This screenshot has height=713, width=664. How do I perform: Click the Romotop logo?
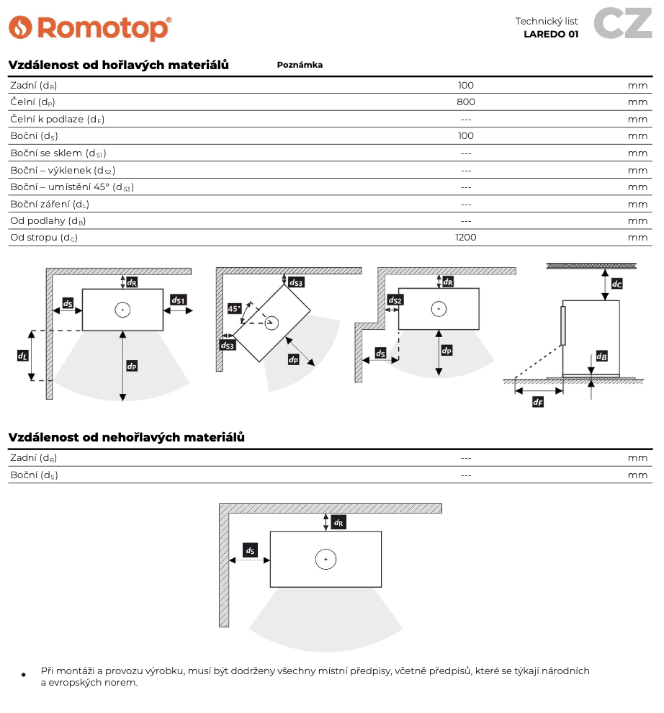pyautogui.click(x=90, y=28)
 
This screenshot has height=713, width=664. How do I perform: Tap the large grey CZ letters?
pyautogui.click(x=623, y=24)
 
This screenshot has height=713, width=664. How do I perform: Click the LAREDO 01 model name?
pyautogui.click(x=551, y=34)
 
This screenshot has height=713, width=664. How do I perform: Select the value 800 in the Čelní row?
pyautogui.click(x=466, y=102)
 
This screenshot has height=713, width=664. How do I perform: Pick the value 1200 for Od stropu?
pyautogui.click(x=466, y=237)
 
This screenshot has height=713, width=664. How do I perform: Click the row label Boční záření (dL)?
pyautogui.click(x=50, y=204)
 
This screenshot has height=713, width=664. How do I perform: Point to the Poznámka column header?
pyautogui.click(x=300, y=65)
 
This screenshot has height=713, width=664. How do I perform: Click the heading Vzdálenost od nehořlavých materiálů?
pyautogui.click(x=127, y=437)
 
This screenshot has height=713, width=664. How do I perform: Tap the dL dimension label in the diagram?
pyautogui.click(x=22, y=355)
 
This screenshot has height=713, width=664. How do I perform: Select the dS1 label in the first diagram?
pyautogui.click(x=179, y=300)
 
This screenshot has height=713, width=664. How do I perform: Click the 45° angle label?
pyautogui.click(x=234, y=308)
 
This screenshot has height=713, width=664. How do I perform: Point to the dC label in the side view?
pyautogui.click(x=616, y=284)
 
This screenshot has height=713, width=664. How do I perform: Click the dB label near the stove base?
pyautogui.click(x=602, y=356)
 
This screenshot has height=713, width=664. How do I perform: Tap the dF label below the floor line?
pyautogui.click(x=537, y=403)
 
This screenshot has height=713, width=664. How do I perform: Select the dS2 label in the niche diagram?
pyautogui.click(x=395, y=300)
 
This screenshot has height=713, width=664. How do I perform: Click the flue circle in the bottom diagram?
pyautogui.click(x=326, y=559)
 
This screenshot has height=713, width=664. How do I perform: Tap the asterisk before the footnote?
pyautogui.click(x=23, y=675)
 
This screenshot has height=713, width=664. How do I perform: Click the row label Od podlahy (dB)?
pyautogui.click(x=48, y=220)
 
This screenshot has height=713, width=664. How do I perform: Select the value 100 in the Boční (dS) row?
pyautogui.click(x=466, y=135)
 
